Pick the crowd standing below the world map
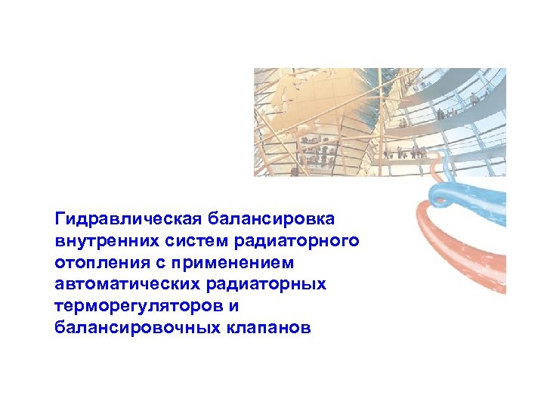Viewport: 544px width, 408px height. [317, 151]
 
